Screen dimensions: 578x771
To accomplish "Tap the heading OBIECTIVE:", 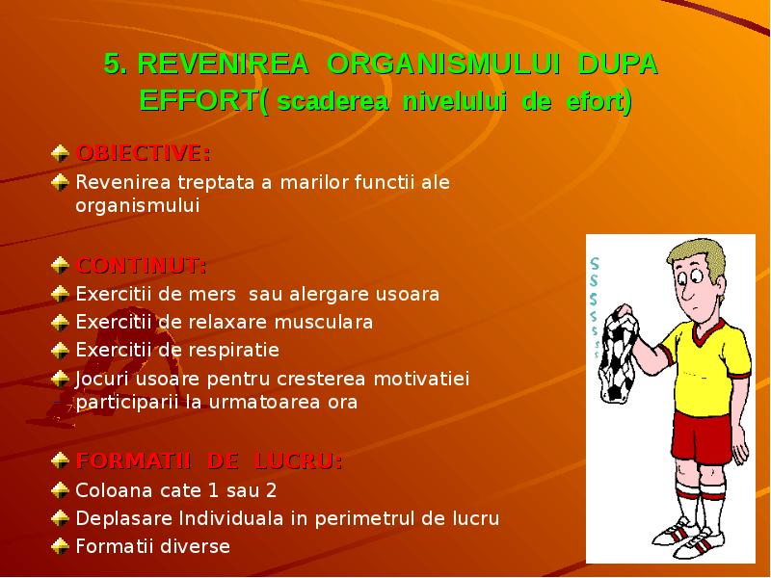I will coord(144,153).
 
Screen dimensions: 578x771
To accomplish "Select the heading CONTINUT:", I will coord(141,265).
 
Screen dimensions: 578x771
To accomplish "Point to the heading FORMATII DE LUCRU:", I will coord(208,461).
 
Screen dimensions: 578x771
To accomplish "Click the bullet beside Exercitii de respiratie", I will coord(61,350).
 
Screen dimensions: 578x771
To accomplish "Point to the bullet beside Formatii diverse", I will coord(61,546).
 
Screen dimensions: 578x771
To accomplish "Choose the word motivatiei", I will coord(424,379).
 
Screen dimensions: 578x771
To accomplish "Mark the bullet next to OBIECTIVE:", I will coord(61,153).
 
